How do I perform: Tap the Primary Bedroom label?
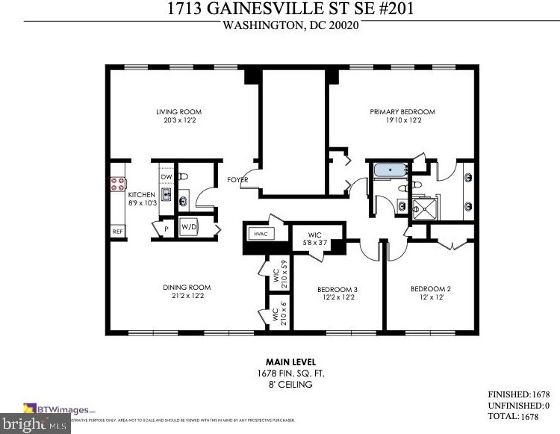click(x=402, y=112)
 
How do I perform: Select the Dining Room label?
click(x=187, y=288)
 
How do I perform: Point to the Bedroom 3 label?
click(x=337, y=289)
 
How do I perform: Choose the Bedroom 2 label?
click(x=431, y=289)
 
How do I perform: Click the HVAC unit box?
click(x=261, y=234)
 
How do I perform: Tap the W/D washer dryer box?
click(x=188, y=226)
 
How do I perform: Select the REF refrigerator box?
click(x=117, y=232)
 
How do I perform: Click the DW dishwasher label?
click(x=165, y=177)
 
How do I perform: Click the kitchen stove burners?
click(x=118, y=185)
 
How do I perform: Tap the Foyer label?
click(x=238, y=179)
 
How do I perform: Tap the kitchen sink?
click(x=166, y=196)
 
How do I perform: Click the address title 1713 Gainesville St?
click(x=291, y=10)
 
